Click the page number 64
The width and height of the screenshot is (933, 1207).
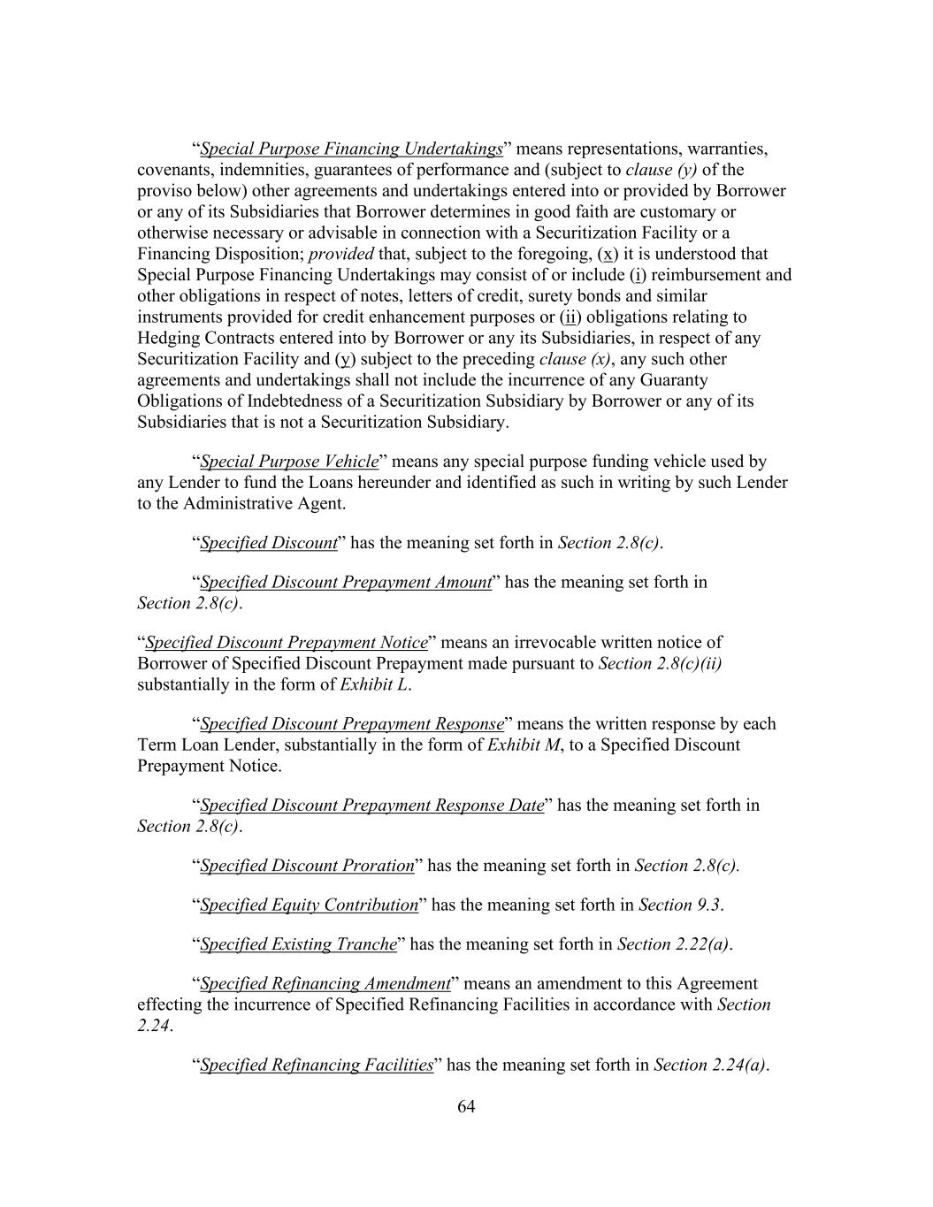(x=466, y=1107)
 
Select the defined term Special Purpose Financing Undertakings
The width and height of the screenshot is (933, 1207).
(x=351, y=149)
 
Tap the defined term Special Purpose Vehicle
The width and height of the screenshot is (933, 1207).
(x=289, y=462)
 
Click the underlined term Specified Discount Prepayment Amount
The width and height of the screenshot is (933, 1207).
(x=346, y=583)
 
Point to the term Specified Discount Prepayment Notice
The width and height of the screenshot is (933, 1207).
(x=287, y=643)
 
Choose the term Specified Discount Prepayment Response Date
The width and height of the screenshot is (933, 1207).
(x=371, y=806)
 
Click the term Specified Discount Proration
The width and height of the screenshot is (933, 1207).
(x=307, y=866)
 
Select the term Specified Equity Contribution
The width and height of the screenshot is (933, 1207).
(x=309, y=905)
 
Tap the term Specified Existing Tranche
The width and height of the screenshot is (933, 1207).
(x=298, y=944)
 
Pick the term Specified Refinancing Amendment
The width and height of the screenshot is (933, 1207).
(x=325, y=984)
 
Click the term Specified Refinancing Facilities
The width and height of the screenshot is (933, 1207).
(x=317, y=1066)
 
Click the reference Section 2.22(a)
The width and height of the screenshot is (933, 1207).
(x=673, y=944)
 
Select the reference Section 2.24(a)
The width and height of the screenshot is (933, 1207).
(x=709, y=1066)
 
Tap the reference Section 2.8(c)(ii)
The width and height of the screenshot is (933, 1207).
(x=660, y=664)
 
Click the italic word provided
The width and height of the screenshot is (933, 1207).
(x=341, y=255)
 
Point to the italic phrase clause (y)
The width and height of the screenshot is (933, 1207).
(x=662, y=170)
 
